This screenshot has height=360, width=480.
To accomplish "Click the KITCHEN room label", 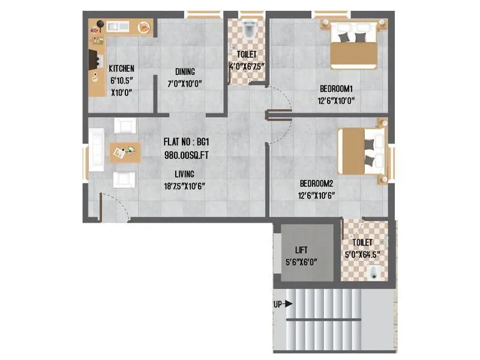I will click(x=121, y=68).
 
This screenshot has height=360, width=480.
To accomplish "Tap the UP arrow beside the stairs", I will click(x=288, y=304).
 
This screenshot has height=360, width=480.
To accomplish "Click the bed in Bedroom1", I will click(x=353, y=46).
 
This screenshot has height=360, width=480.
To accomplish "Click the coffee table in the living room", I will click(x=124, y=152).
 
